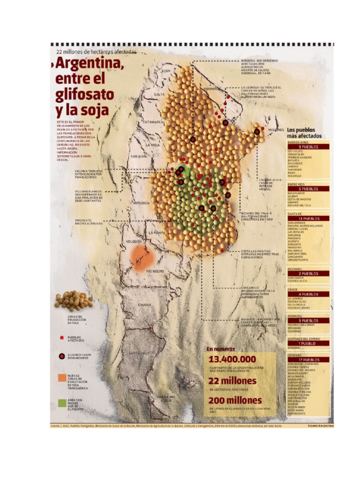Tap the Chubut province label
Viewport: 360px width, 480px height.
(x=144, y=305)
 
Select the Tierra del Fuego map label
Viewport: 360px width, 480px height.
(x=166, y=398)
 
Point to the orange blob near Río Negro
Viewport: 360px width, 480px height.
(x=142, y=258)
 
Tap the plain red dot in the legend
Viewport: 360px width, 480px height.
(x=62, y=337)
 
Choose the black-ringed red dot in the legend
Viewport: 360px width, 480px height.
(x=62, y=356)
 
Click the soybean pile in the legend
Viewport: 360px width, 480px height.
(x=73, y=301)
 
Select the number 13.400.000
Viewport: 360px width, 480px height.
(x=232, y=359)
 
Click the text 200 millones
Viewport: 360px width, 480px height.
(x=235, y=401)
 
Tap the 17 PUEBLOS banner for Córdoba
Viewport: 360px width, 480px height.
(x=308, y=360)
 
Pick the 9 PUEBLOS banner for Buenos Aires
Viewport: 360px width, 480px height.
(x=308, y=146)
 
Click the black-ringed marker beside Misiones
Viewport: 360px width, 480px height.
(x=257, y=132)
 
